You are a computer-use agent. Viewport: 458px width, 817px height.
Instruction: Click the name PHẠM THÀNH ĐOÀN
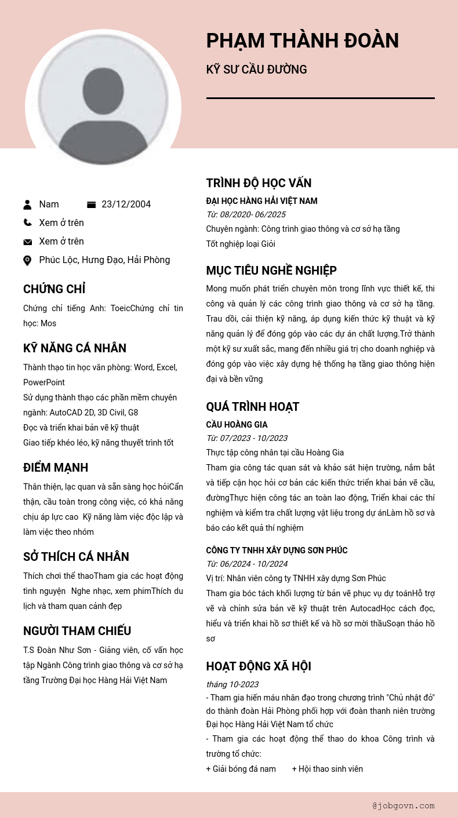pos(302,41)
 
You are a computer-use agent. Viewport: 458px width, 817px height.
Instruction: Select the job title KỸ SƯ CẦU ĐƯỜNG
pos(256,70)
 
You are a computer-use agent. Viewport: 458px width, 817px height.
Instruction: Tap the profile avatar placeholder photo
pos(103,107)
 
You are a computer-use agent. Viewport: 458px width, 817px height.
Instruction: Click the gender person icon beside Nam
pos(27,205)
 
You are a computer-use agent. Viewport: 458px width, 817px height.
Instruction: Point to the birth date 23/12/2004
pos(126,205)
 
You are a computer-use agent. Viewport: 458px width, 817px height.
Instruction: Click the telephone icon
pos(27,223)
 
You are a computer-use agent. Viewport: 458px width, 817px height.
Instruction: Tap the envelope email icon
pos(27,242)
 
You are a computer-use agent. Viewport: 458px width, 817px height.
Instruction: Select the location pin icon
pos(27,260)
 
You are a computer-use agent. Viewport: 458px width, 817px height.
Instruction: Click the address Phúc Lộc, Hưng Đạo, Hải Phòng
pos(104,260)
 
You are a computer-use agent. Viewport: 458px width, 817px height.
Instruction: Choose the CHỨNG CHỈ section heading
pos(54,289)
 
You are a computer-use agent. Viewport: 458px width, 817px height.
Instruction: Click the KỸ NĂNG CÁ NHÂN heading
pos(75,348)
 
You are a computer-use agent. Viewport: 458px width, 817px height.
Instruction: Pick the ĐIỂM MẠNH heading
pos(56,468)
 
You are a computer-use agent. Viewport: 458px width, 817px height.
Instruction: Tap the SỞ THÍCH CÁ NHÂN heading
pos(76,557)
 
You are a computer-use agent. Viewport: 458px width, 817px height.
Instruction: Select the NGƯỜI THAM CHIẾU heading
pos(77,631)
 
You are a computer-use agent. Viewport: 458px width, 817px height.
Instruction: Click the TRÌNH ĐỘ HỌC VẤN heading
pos(259,183)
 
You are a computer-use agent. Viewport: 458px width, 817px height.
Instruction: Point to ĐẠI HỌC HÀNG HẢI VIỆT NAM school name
pos(261,201)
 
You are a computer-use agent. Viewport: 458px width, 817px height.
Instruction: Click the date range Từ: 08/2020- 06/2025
pos(246,214)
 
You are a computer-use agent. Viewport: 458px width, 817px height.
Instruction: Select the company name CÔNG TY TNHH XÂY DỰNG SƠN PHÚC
pos(277,550)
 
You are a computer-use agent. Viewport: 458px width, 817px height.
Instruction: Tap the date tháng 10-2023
pos(232,684)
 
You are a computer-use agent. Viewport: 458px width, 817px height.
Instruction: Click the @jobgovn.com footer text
pos(404,805)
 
